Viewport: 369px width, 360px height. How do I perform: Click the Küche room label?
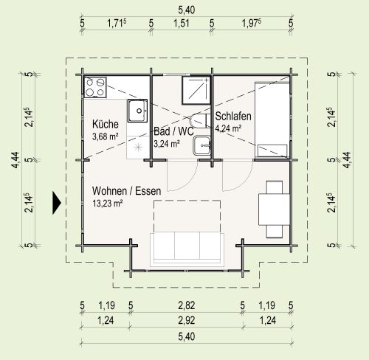click(106, 124)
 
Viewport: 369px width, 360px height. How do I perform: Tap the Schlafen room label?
click(233, 116)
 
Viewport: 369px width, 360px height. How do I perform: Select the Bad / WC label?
click(174, 131)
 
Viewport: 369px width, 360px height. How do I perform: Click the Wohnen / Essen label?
click(127, 191)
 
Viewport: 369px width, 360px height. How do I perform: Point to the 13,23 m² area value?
click(108, 204)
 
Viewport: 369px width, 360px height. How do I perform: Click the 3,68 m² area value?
click(106, 136)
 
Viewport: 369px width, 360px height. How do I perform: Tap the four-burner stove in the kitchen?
click(95, 87)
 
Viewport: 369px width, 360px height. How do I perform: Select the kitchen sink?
click(137, 111)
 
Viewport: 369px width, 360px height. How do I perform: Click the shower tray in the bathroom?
click(196, 90)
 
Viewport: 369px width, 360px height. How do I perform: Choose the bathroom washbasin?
click(201, 145)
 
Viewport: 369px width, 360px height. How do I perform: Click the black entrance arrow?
click(57, 203)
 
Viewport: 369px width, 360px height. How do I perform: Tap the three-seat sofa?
click(187, 249)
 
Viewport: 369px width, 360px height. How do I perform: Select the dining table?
click(275, 210)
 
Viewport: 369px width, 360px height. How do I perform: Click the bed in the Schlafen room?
click(272, 120)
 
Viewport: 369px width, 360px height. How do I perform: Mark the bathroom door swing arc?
click(188, 181)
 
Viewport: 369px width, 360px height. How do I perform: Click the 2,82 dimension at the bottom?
click(187, 305)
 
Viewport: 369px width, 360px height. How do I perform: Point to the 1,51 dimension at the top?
click(182, 24)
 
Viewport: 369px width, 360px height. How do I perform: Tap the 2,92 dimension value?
click(187, 320)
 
